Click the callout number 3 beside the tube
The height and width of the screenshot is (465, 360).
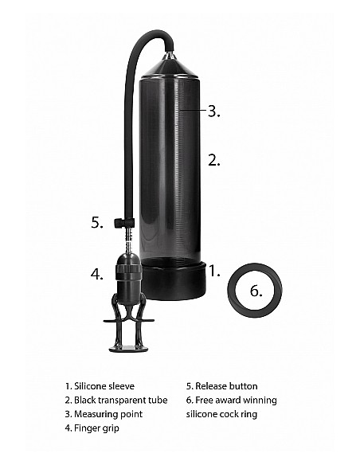[213, 112]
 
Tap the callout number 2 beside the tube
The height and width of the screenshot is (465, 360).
[213, 160]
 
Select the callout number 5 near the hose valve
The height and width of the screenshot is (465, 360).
[96, 223]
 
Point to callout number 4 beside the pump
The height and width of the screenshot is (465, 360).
[96, 275]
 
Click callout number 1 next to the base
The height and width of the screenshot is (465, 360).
[213, 272]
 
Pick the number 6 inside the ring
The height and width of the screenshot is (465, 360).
[255, 291]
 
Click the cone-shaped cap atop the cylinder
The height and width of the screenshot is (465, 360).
[170, 65]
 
